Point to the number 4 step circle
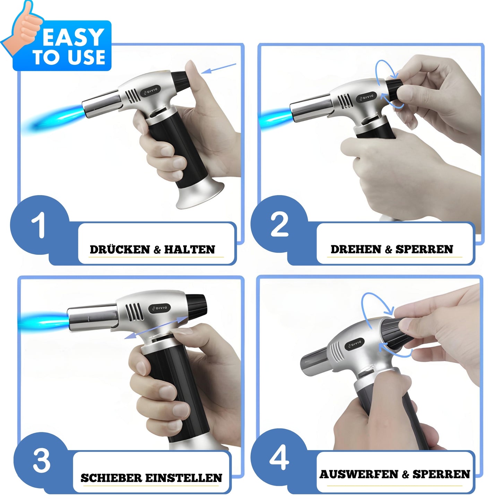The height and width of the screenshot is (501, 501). (x=279, y=458)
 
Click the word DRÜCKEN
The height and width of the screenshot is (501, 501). (x=120, y=250)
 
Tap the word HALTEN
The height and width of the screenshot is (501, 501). (x=190, y=250)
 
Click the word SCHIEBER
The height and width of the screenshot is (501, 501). (x=111, y=478)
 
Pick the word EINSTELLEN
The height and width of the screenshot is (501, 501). (x=183, y=478)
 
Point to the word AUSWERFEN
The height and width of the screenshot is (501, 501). (x=359, y=474)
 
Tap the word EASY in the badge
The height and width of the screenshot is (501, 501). (x=73, y=37)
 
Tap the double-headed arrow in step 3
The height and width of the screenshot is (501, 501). (x=156, y=327)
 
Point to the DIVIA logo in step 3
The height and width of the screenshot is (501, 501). (x=159, y=308)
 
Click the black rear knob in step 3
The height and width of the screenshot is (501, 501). (x=197, y=305)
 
